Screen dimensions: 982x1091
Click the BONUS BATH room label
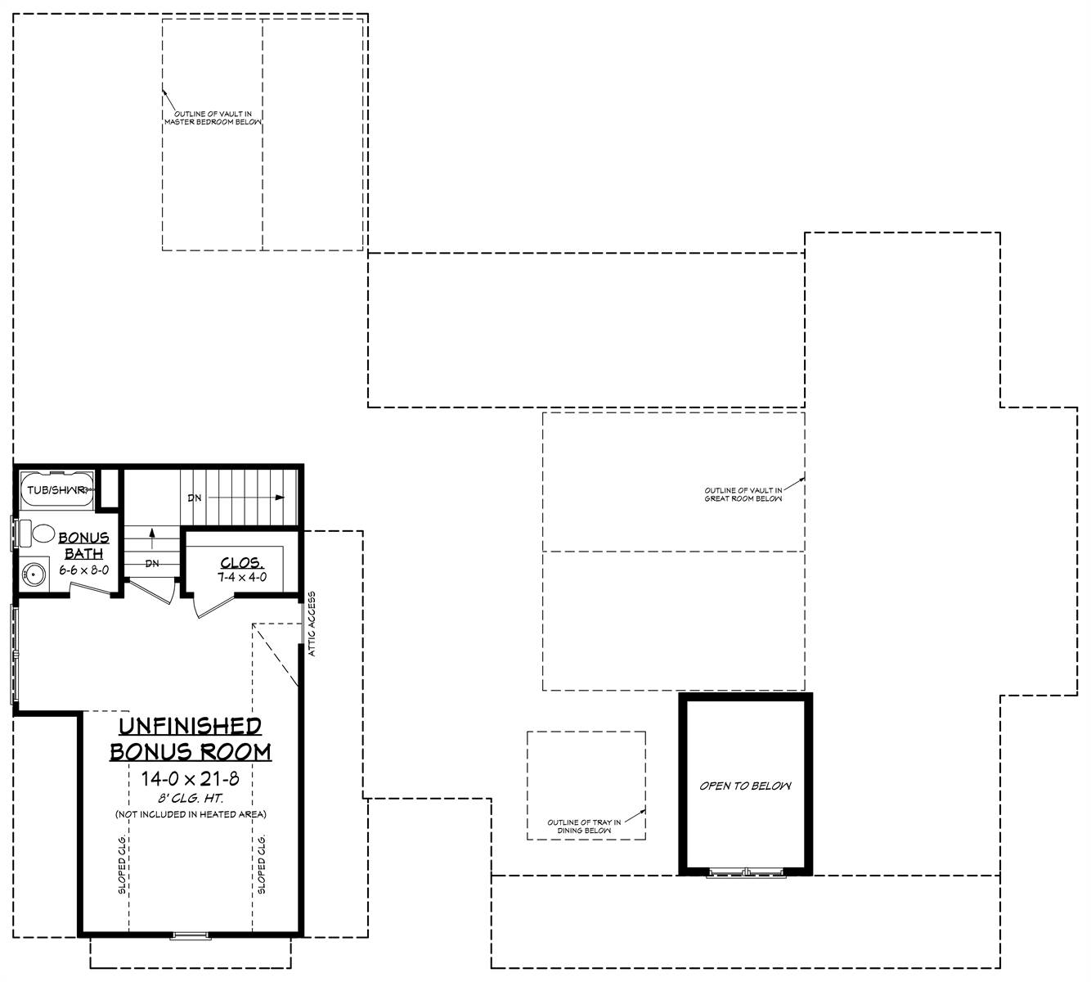click(x=83, y=545)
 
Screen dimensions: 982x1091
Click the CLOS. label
click(x=242, y=563)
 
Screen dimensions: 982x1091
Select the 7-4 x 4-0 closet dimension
click(x=242, y=578)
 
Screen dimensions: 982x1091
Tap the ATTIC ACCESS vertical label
click(x=312, y=624)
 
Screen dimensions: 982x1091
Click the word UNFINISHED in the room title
click(x=191, y=726)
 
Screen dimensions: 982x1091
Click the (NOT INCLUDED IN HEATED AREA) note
click(x=191, y=814)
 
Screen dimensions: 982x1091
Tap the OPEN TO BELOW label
click(x=745, y=786)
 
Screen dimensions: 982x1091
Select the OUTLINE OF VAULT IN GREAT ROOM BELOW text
click(x=743, y=494)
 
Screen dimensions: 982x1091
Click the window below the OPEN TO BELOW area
click(x=747, y=873)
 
